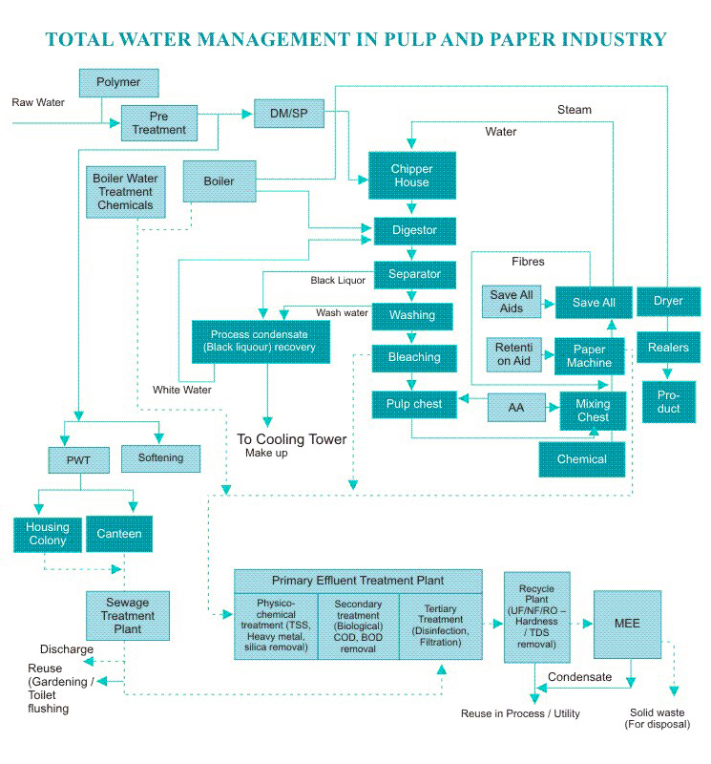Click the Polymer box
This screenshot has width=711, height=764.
tap(117, 83)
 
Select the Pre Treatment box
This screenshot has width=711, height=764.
tap(158, 122)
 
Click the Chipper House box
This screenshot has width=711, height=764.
tap(411, 176)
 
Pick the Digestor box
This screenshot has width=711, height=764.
tap(414, 230)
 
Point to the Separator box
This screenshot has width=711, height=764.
tap(414, 274)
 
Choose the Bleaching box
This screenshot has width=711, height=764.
tap(413, 357)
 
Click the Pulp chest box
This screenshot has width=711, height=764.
tap(413, 404)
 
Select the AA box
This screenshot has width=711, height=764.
tap(516, 407)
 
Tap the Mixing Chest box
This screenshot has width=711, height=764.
tap(593, 410)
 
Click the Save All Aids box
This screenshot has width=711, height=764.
tap(512, 302)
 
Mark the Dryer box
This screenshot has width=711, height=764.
tap(668, 302)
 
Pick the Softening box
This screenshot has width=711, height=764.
tap(160, 457)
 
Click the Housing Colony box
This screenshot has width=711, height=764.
tap(47, 534)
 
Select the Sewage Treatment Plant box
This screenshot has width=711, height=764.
tap(127, 616)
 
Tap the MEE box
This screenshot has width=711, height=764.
tap(627, 624)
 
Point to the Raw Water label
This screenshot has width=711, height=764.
tap(38, 101)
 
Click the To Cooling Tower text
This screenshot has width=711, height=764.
tap(292, 439)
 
